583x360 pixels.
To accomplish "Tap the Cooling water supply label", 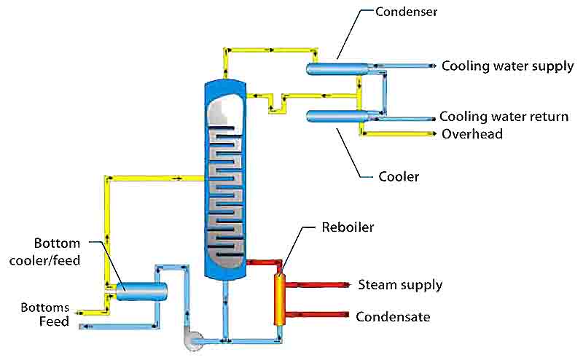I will click(x=508, y=66).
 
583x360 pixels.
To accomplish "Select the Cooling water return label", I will click(x=504, y=117).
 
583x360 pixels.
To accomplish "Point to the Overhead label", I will click(x=472, y=134).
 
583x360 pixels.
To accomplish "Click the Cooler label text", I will click(x=399, y=176).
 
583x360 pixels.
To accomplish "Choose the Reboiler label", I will click(x=348, y=227).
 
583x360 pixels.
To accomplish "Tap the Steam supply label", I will click(x=399, y=284).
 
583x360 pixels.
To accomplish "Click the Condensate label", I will click(x=393, y=317).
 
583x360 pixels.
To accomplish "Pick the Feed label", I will click(x=54, y=321).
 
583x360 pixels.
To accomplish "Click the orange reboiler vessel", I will click(x=279, y=299).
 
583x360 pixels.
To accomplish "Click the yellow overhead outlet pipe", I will click(x=401, y=134).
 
